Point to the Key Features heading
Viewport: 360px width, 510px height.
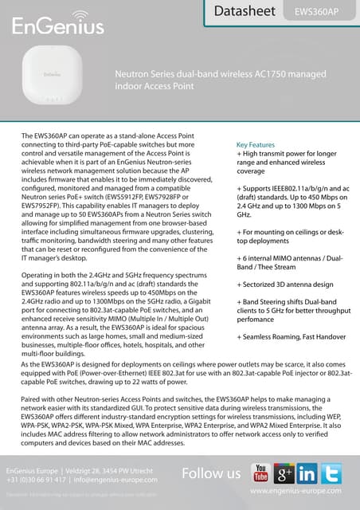point(256,145)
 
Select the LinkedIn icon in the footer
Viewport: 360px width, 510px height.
point(307,473)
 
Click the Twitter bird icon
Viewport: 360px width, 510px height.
point(331,473)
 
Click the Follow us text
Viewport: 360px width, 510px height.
point(211,474)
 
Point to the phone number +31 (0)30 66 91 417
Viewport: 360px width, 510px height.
point(37,481)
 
